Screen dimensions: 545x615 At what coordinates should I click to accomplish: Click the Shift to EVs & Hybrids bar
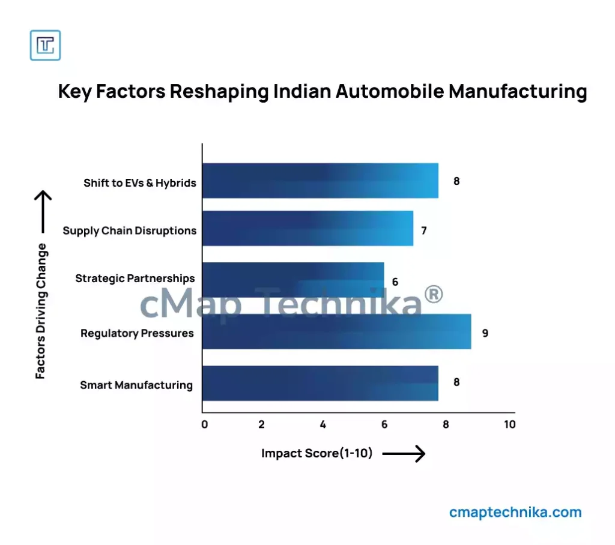(x=320, y=181)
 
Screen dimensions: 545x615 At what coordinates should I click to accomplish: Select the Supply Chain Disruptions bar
(x=307, y=228)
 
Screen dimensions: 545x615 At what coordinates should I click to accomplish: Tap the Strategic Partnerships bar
(x=293, y=279)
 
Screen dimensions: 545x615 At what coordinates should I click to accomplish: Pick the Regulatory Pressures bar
(x=336, y=331)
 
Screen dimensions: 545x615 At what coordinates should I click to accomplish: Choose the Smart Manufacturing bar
(x=320, y=383)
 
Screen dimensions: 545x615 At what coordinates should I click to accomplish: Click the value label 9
(x=485, y=333)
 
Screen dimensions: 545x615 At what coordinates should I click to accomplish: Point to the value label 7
(x=423, y=230)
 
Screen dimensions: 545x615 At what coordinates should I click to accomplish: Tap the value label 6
(x=395, y=282)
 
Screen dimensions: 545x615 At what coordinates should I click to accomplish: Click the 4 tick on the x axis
(x=323, y=425)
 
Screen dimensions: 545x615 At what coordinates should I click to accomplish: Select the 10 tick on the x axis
(x=509, y=425)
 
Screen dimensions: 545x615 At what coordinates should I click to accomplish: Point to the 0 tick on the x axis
(x=205, y=425)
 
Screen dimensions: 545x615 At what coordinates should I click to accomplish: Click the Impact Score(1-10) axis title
(x=317, y=454)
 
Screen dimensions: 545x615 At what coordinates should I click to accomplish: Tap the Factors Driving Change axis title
(x=40, y=310)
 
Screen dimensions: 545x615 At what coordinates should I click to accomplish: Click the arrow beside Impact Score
(x=404, y=454)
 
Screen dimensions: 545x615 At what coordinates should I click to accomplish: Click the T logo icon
(x=46, y=45)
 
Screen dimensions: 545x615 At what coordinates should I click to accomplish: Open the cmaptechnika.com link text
(x=515, y=513)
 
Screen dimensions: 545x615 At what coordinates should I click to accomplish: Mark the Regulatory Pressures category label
(x=137, y=333)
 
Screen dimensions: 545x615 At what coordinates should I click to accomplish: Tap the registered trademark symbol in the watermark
(x=433, y=294)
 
